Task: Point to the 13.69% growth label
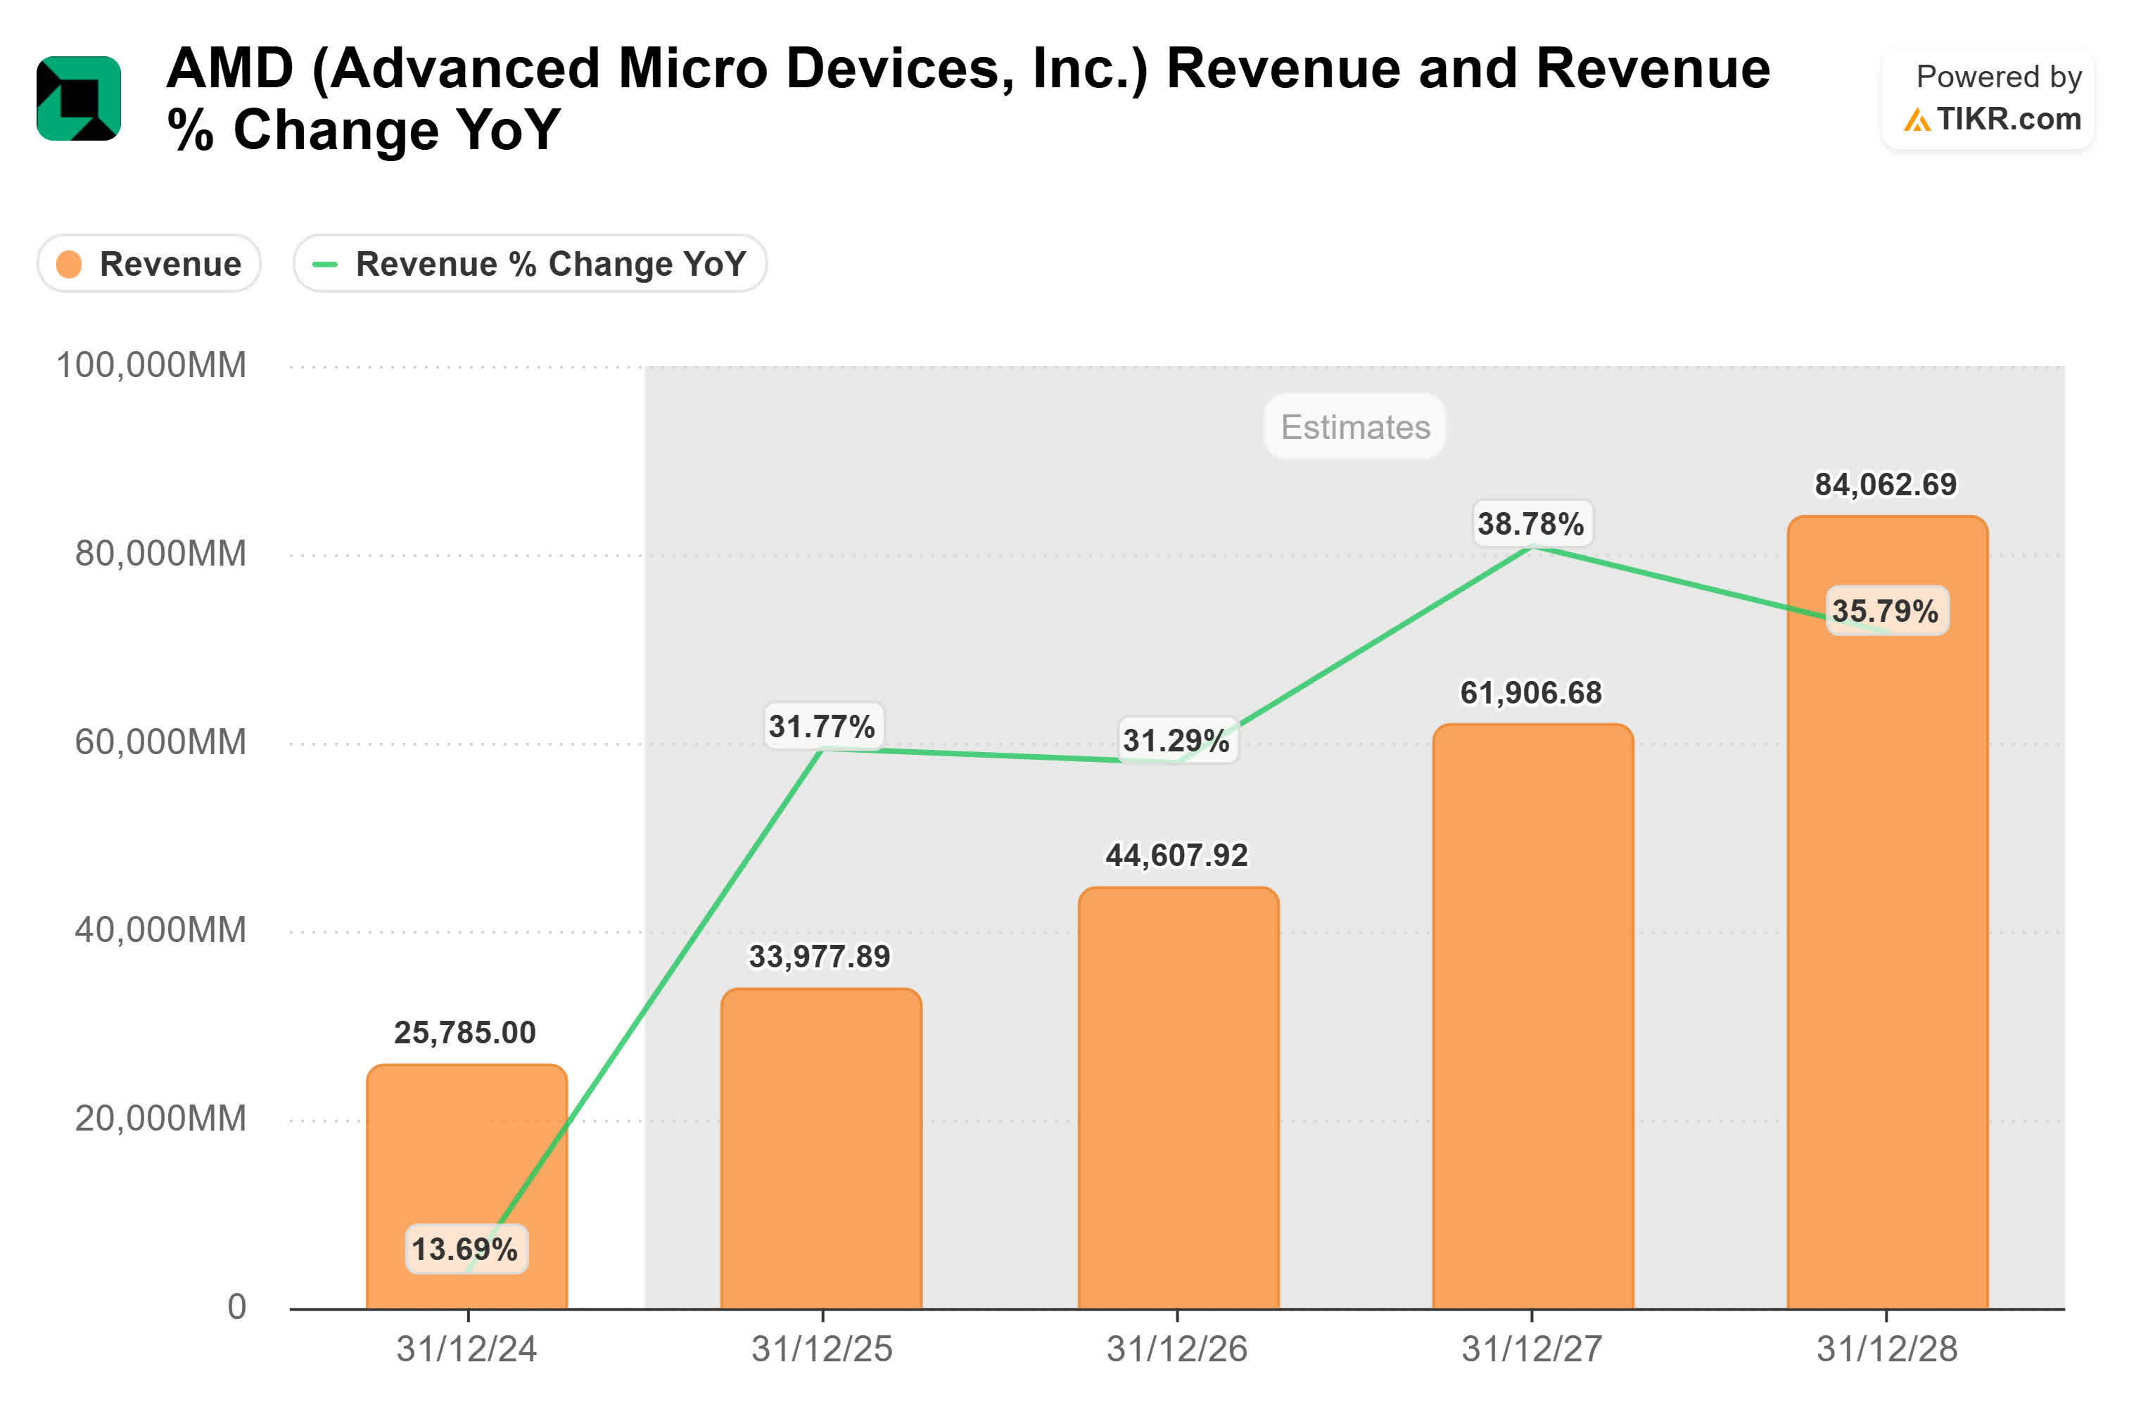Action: pyautogui.click(x=465, y=1249)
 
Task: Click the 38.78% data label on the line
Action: pyautogui.click(x=1531, y=524)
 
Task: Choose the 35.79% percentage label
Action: pyautogui.click(x=1886, y=611)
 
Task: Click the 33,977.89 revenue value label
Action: pyautogui.click(x=820, y=957)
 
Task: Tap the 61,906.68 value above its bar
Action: pyautogui.click(x=1531, y=693)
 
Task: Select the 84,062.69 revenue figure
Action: pyautogui.click(x=1886, y=485)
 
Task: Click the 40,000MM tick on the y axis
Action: pyautogui.click(x=160, y=930)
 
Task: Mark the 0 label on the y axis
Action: pyautogui.click(x=236, y=1306)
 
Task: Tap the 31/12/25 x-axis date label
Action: pyautogui.click(x=822, y=1349)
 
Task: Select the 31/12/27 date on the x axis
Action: pyautogui.click(x=1532, y=1349)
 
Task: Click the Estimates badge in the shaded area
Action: pyautogui.click(x=1354, y=427)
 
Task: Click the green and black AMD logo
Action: pyautogui.click(x=79, y=98)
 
